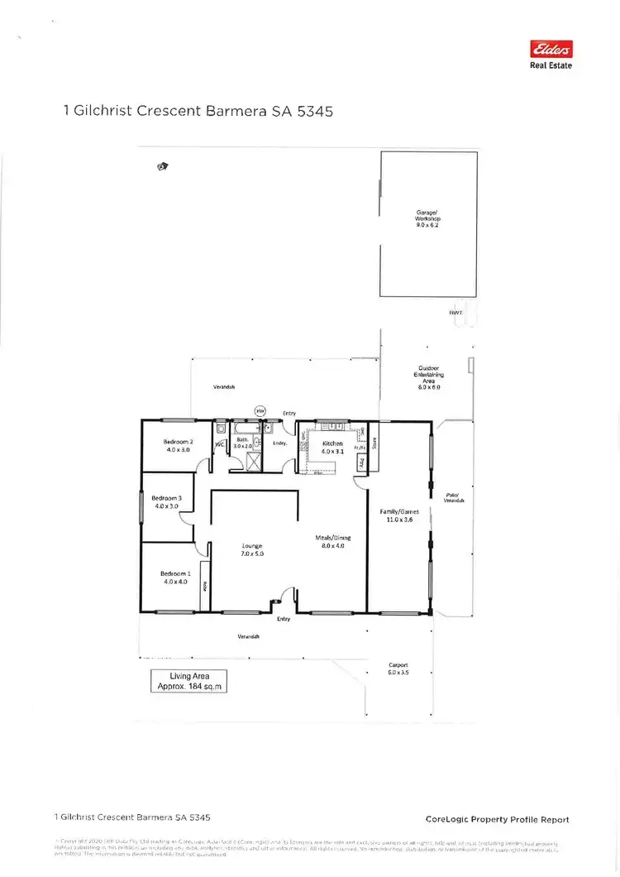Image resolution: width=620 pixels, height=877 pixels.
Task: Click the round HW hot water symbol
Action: (260, 410)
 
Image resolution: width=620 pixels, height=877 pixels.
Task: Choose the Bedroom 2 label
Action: (179, 442)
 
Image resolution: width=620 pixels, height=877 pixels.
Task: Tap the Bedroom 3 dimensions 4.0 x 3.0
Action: (166, 506)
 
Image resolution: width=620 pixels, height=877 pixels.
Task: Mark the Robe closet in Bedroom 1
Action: (204, 583)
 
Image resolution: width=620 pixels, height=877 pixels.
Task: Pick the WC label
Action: (220, 445)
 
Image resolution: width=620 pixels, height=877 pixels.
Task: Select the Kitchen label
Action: (332, 443)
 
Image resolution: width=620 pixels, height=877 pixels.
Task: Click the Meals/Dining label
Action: (332, 537)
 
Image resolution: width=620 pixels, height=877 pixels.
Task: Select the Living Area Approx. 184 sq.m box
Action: (185, 681)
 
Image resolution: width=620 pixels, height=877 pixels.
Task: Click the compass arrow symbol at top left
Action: (162, 166)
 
